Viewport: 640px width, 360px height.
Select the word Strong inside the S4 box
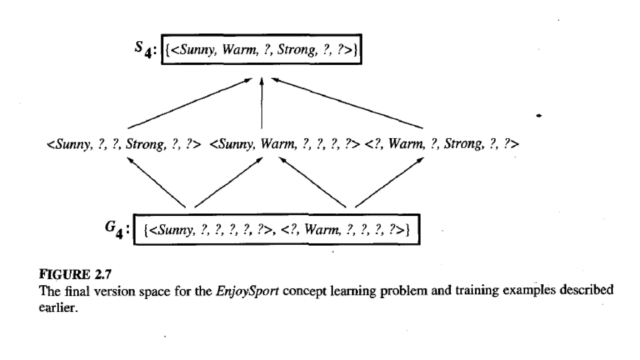pyautogui.click(x=297, y=50)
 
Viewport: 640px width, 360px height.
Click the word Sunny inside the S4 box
pyautogui.click(x=197, y=50)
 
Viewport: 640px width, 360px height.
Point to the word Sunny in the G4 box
pyautogui.click(x=175, y=230)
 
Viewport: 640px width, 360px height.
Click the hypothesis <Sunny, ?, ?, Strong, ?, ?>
pyautogui.click(x=124, y=144)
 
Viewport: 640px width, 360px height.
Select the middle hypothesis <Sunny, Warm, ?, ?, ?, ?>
pyautogui.click(x=284, y=144)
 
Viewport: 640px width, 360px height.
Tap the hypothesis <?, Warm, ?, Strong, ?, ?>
pyautogui.click(x=442, y=144)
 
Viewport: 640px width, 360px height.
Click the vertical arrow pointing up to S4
pyautogui.click(x=262, y=103)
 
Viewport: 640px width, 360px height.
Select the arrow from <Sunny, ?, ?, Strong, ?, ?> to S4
pyautogui.click(x=190, y=103)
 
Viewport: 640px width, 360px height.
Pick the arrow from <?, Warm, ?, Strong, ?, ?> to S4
pyautogui.click(x=347, y=103)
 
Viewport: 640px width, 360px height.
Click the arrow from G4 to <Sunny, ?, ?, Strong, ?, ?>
pyautogui.click(x=156, y=182)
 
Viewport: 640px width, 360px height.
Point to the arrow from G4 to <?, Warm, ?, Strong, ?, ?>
pyautogui.click(x=389, y=182)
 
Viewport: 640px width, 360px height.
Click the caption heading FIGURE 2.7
pyautogui.click(x=75, y=274)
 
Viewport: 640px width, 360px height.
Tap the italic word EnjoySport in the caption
pyautogui.click(x=247, y=291)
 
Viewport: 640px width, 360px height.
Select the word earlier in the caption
pyautogui.click(x=58, y=308)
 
